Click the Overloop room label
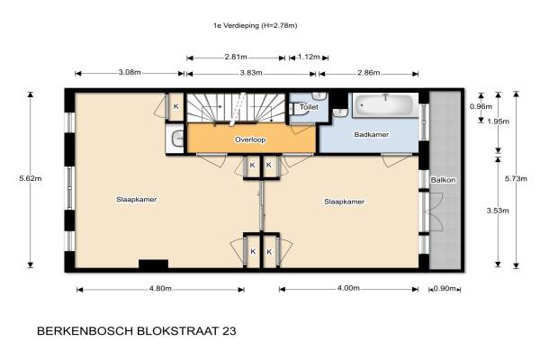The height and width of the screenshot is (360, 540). click(250, 139)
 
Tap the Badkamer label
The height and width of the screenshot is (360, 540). click(371, 134)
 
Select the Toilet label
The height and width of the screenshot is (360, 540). click(309, 107)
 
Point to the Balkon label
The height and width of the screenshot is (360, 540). click(443, 180)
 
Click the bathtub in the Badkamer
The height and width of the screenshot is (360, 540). click(384, 105)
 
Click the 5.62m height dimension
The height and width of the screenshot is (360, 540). click(31, 178)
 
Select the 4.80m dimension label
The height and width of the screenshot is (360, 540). click(160, 288)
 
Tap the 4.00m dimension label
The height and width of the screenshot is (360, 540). click(348, 288)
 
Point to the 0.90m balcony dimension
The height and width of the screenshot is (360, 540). click(445, 288)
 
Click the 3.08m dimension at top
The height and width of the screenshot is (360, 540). click(130, 72)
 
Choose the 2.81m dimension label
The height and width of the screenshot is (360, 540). click(236, 57)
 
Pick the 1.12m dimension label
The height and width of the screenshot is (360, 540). click(309, 57)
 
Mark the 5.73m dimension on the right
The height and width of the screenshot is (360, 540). click(516, 178)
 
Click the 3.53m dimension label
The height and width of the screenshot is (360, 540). click(498, 211)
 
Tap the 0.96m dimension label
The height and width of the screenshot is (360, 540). click(481, 107)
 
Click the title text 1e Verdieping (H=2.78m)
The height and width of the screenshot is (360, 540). click(255, 25)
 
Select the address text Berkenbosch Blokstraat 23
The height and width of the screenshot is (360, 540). click(137, 331)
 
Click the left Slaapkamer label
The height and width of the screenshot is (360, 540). click(137, 200)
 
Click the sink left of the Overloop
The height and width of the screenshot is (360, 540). click(177, 139)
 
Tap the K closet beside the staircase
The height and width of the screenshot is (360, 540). click(176, 106)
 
